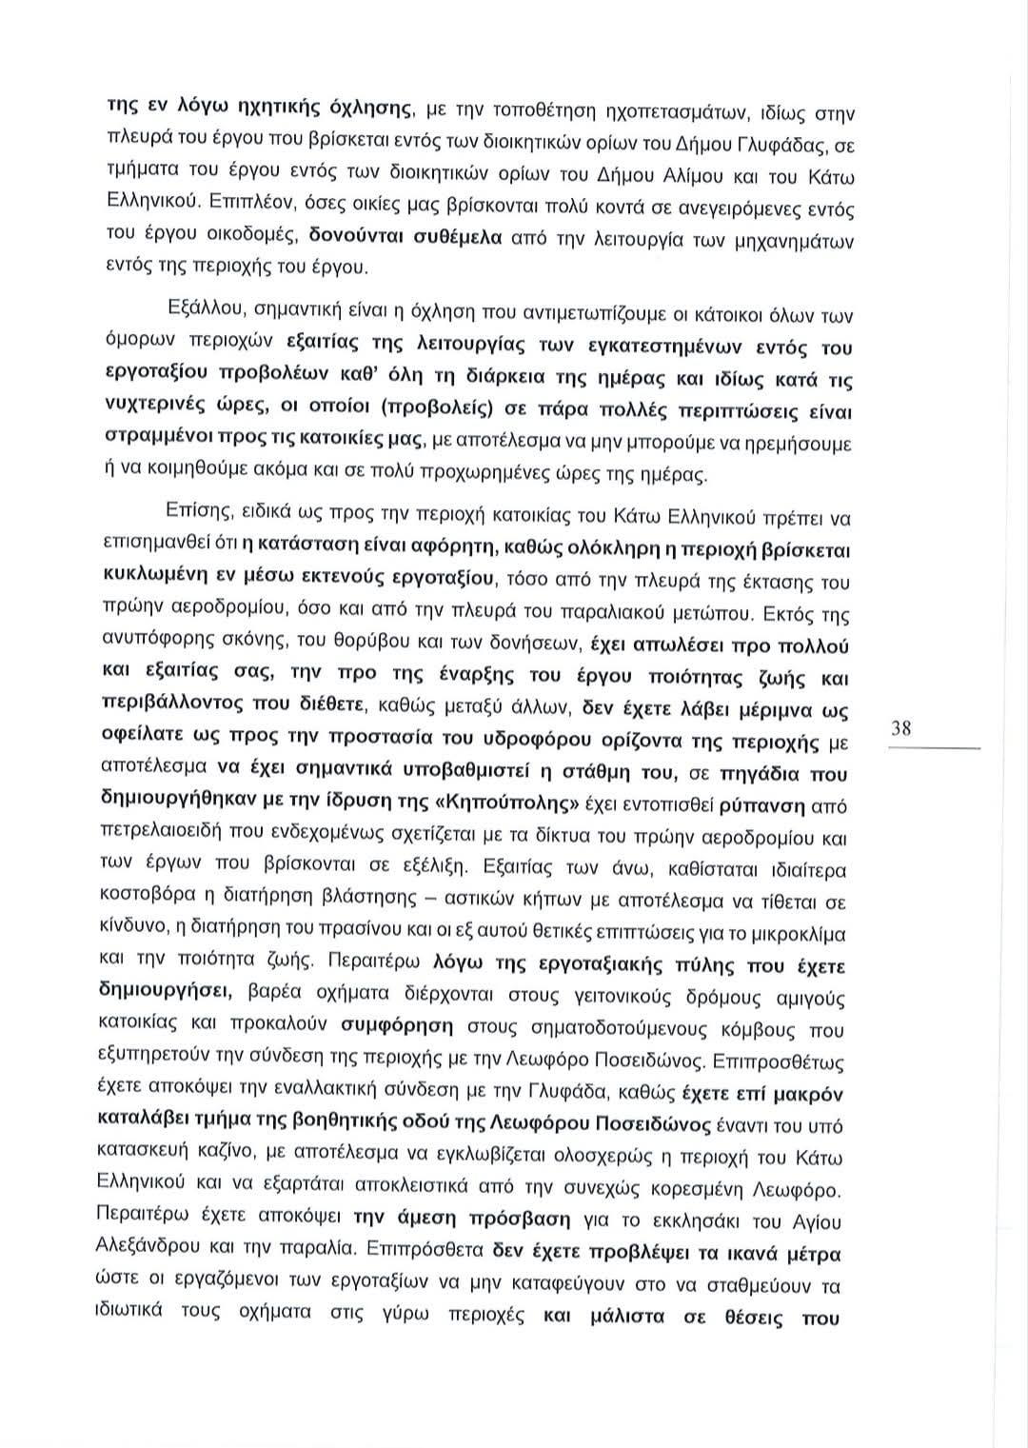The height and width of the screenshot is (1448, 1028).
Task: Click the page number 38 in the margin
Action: (x=901, y=729)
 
